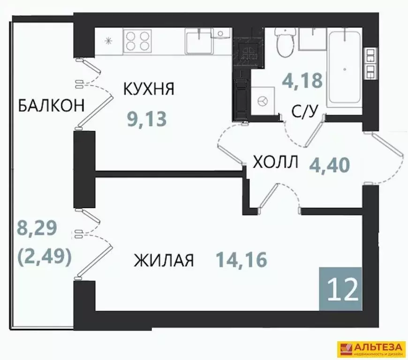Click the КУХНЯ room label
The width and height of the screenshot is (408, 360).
[149, 89]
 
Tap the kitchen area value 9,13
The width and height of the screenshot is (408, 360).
[147, 119]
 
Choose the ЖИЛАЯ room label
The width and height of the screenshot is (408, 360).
[164, 260]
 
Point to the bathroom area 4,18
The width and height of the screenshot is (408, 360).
[302, 81]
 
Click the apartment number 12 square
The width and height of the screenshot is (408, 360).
[340, 288]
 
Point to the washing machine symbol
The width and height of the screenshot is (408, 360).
[263, 100]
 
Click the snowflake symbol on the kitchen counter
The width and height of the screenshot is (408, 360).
[109, 41]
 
